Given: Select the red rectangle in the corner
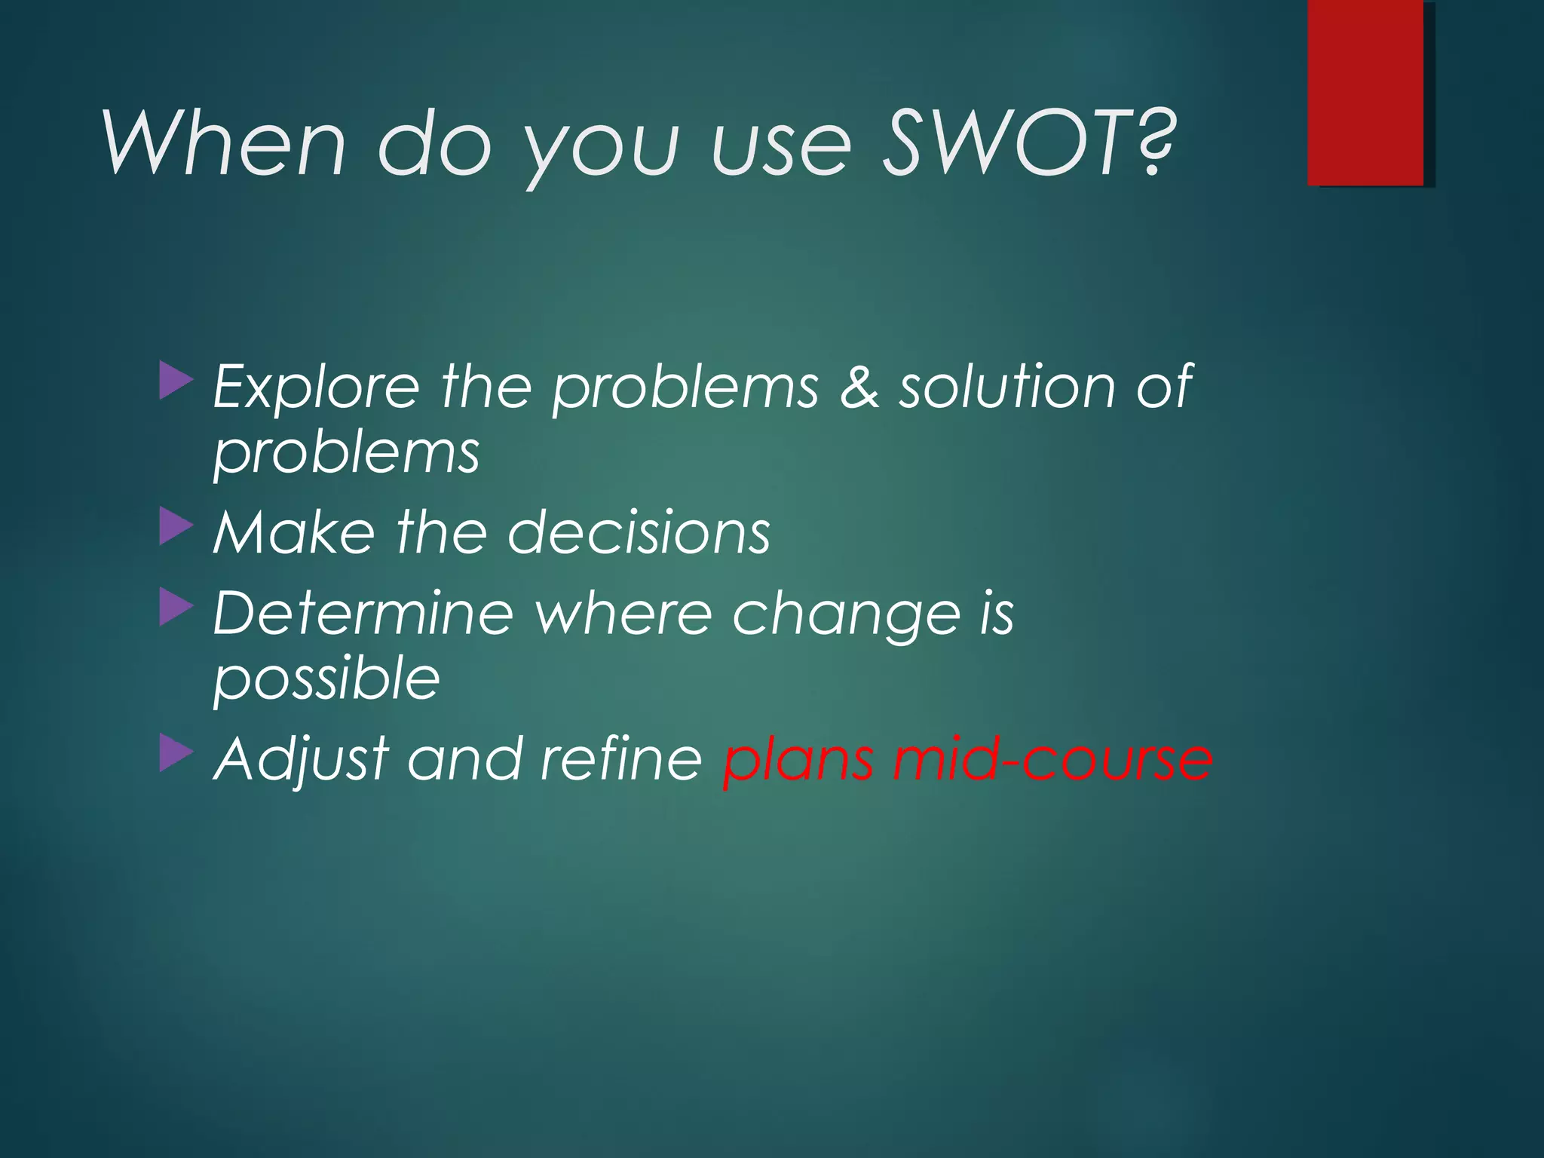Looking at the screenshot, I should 1365,92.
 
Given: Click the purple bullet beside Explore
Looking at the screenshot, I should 176,381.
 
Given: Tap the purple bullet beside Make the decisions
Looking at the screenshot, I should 176,527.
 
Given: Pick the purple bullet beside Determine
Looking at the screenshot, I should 176,608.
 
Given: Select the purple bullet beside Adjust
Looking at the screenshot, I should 176,754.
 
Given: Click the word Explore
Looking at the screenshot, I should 316,386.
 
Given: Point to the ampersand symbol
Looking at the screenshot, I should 859,386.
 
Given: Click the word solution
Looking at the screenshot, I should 1006,386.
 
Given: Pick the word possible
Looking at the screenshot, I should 326,679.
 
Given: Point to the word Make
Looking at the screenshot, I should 293,532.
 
